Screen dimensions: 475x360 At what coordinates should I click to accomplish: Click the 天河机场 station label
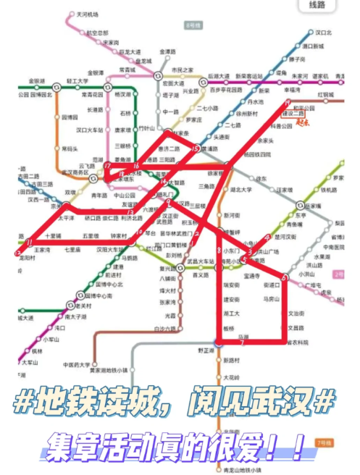87,14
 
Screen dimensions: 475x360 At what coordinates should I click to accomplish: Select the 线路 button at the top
317,6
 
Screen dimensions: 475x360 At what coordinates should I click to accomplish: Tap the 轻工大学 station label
76,82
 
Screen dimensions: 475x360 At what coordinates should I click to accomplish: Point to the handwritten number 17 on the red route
106,166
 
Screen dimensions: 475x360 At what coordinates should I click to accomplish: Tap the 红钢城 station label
325,95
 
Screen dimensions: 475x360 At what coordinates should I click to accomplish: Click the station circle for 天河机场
71,14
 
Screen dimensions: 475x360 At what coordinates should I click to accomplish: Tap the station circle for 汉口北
306,33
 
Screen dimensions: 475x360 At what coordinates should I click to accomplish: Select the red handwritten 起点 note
303,123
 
